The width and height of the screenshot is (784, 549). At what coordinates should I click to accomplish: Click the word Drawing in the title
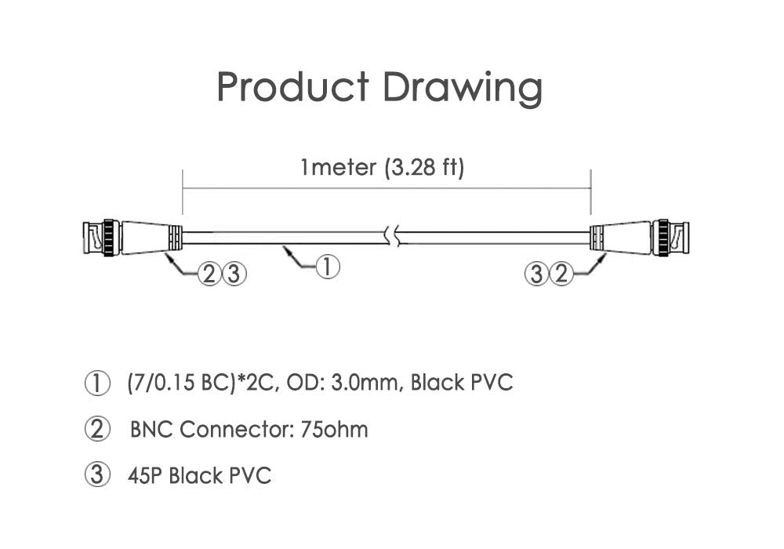(x=463, y=89)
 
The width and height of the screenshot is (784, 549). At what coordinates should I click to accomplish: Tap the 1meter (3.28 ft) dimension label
(x=383, y=167)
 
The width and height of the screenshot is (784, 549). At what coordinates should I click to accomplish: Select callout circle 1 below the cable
(x=327, y=267)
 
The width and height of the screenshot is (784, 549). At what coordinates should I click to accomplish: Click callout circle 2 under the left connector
(x=209, y=274)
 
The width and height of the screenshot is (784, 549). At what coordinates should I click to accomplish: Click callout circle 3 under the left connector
(x=234, y=274)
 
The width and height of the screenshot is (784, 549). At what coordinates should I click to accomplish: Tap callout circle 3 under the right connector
(x=536, y=274)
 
